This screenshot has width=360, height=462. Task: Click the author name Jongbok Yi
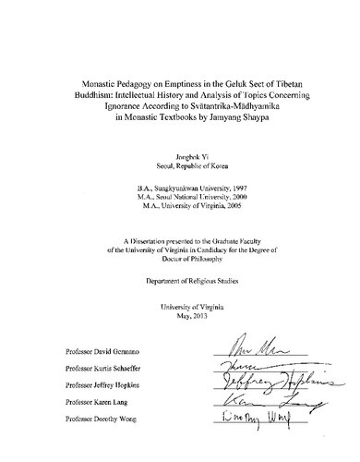[x=180, y=145]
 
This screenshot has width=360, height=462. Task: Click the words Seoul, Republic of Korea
[x=180, y=155]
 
